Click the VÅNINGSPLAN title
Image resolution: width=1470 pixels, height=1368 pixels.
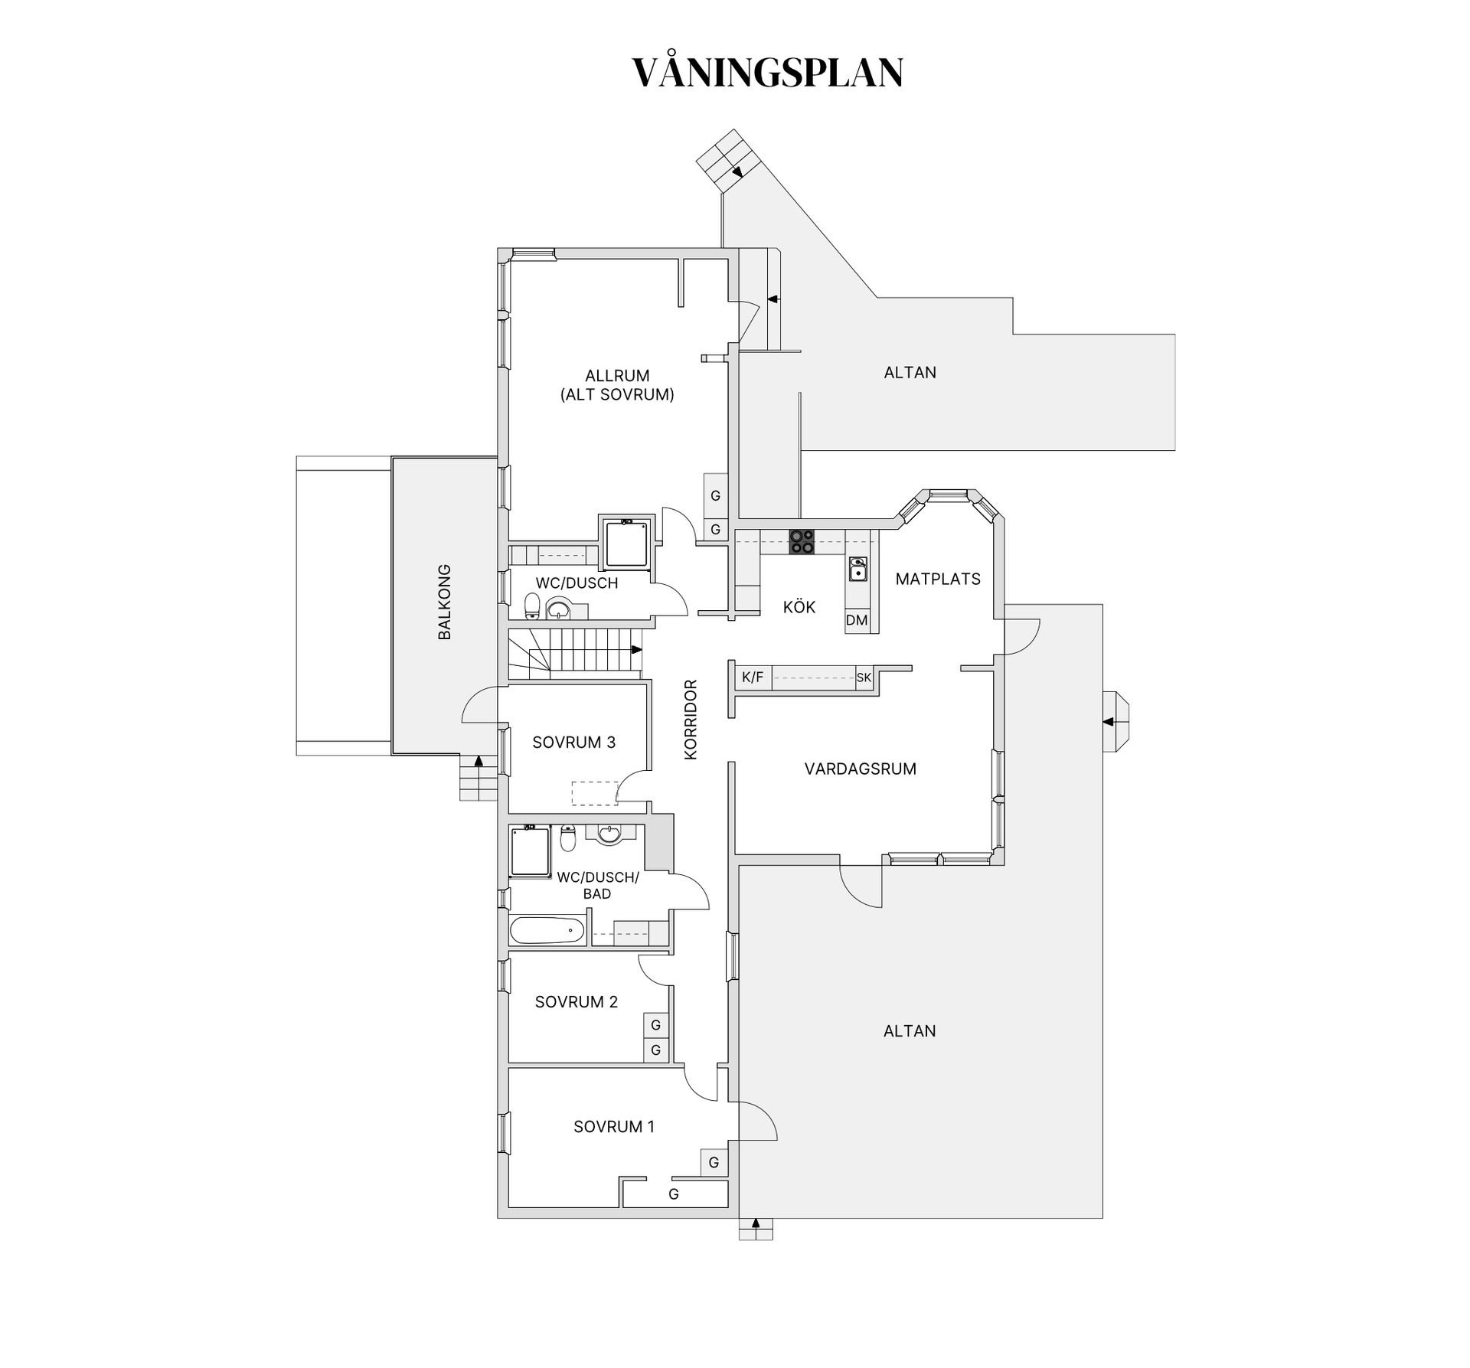tap(767, 73)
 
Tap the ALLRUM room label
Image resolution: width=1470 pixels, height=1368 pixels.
tap(617, 376)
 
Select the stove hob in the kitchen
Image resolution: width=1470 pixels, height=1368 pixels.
tap(802, 541)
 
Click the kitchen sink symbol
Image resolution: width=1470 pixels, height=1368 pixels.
tap(858, 569)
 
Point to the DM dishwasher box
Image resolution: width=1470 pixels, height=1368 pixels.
tap(857, 620)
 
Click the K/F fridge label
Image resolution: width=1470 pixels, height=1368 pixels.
tap(753, 677)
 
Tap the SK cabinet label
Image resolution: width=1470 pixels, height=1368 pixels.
tap(864, 677)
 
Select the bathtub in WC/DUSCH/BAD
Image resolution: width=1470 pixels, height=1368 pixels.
tap(547, 932)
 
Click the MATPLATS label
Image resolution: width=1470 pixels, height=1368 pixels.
tap(938, 580)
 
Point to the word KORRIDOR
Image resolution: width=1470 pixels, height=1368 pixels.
tap(691, 720)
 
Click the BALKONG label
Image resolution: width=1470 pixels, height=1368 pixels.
tap(444, 602)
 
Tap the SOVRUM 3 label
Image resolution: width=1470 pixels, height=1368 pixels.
tap(573, 743)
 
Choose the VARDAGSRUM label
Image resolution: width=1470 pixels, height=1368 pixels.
tap(860, 769)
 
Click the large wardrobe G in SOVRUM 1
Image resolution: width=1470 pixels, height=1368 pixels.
tap(674, 1193)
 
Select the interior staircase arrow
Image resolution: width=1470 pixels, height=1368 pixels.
tap(635, 650)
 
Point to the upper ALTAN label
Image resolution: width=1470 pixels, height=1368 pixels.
tap(910, 373)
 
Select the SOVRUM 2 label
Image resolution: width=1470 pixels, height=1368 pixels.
tap(576, 1002)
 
